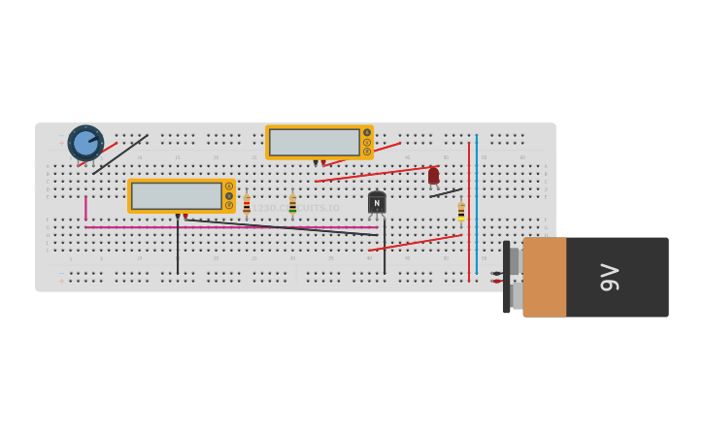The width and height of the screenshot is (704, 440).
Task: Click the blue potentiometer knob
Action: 85,143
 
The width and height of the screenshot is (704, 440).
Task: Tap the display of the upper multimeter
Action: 315,142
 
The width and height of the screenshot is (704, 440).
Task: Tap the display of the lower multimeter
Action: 177,195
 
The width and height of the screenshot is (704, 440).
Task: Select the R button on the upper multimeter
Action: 367,152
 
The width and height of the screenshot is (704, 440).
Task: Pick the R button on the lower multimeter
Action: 229,205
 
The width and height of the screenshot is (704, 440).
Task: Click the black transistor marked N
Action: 377,203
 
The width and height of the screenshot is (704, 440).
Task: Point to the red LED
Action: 433,176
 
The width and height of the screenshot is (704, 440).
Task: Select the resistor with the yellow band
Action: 461,211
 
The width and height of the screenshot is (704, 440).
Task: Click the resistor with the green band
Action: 292,205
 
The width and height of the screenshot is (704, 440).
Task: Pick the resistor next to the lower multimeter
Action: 247,205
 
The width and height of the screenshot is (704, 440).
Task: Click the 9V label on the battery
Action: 610,277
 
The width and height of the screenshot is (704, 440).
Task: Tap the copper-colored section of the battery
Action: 544,277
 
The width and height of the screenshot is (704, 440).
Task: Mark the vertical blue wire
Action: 476,204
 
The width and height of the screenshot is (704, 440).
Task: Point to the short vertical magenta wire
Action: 85,208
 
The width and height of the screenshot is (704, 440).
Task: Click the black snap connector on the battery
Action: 506,277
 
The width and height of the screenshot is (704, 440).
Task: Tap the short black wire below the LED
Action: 446,192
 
